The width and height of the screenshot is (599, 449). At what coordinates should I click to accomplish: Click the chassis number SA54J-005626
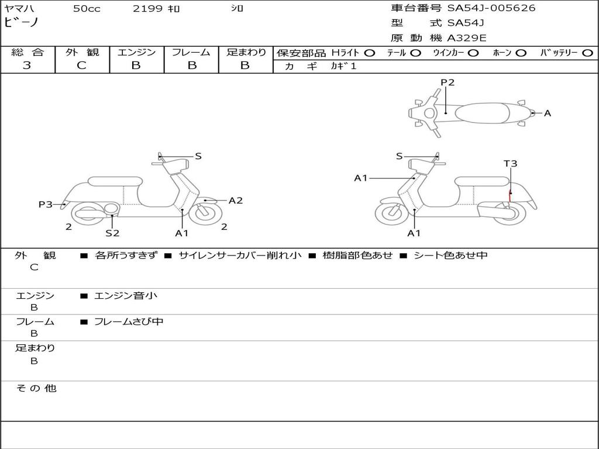(491, 8)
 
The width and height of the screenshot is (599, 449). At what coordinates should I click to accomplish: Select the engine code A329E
(467, 39)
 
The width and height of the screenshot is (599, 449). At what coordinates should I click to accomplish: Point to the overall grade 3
(27, 65)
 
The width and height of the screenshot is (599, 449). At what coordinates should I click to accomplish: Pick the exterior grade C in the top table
(81, 65)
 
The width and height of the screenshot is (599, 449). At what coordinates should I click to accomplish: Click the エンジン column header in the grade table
(136, 52)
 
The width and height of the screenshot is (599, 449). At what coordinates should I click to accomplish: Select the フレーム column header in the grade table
(191, 52)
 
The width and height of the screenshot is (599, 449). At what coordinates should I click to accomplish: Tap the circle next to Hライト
(369, 53)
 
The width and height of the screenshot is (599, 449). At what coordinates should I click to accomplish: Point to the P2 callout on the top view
(447, 82)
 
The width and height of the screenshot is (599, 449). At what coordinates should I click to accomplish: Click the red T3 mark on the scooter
(510, 194)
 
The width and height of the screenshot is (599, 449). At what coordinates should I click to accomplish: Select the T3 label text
(510, 164)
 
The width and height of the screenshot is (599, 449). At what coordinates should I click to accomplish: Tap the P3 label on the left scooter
(46, 204)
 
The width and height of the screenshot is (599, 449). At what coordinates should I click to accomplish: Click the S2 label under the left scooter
(112, 233)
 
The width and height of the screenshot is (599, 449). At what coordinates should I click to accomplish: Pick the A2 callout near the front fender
(235, 201)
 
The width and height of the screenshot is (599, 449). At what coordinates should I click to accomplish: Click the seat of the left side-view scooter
(115, 181)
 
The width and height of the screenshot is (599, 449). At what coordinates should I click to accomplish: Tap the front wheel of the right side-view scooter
(391, 213)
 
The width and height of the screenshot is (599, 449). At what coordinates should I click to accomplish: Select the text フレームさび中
(129, 322)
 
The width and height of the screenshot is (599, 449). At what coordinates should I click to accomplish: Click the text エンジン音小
(125, 296)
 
